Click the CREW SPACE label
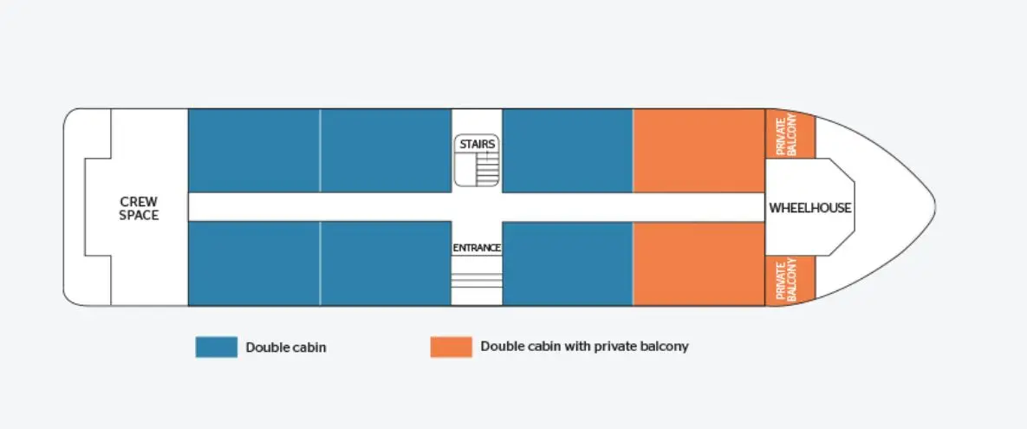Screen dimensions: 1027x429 point(139,208)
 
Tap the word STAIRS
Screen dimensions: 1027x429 point(477,144)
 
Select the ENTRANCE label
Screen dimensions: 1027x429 point(477,248)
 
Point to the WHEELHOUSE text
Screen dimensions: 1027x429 point(810,208)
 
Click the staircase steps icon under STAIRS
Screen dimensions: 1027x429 point(486,169)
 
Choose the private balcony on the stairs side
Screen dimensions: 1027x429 point(790,133)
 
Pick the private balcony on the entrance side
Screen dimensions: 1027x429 point(790,281)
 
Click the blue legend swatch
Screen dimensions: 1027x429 point(216,348)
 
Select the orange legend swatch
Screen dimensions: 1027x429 point(451,348)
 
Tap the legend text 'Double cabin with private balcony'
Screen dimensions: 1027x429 point(584,347)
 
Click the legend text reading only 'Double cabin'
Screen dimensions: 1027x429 point(286,348)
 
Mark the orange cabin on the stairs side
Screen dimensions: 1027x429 point(699,151)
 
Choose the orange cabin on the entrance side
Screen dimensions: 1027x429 point(699,264)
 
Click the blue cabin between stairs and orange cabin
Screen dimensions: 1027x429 point(567,151)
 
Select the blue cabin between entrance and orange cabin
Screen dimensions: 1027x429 point(567,264)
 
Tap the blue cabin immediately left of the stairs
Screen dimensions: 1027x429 point(386,151)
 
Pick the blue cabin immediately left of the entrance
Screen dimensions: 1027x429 point(386,263)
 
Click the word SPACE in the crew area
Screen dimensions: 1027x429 point(139,215)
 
